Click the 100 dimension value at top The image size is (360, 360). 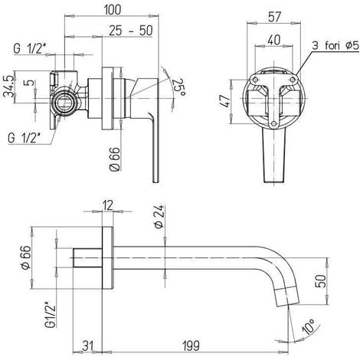click(113, 10)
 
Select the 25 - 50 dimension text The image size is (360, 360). click(131, 31)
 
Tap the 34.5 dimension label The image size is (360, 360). click(9, 87)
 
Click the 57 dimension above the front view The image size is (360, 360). click(274, 17)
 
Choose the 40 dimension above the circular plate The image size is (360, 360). click(274, 40)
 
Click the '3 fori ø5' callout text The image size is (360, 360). click(335, 46)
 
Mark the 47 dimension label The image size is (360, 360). click(225, 101)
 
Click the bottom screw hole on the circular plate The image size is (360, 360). click(274, 124)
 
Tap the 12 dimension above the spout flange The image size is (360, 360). click(108, 206)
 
